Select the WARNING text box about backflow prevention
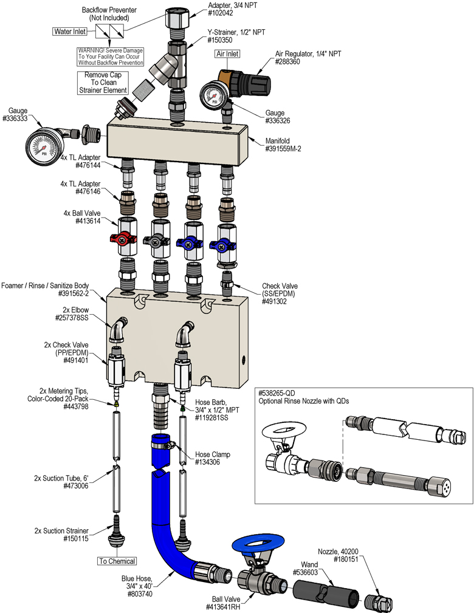110,57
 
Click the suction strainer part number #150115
72,538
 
